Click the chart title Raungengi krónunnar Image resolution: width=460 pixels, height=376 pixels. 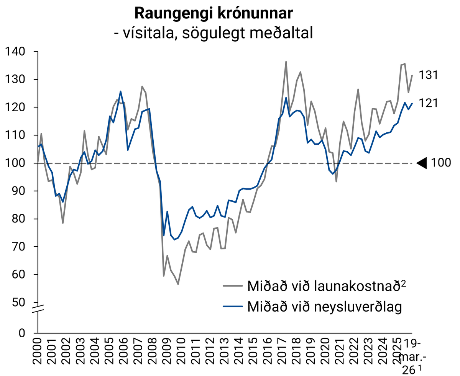pyautogui.click(x=214, y=13)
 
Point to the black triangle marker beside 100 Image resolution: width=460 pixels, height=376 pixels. pyautogui.click(x=422, y=163)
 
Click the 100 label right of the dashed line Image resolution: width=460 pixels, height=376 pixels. pyautogui.click(x=441, y=163)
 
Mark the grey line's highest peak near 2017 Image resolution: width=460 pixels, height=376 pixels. pyautogui.click(x=286, y=62)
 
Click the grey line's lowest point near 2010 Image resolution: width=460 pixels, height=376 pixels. pyautogui.click(x=178, y=284)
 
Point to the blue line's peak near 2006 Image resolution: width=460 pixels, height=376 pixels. pyautogui.click(x=121, y=91)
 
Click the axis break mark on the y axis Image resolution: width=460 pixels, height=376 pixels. pyautogui.click(x=38, y=308)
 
